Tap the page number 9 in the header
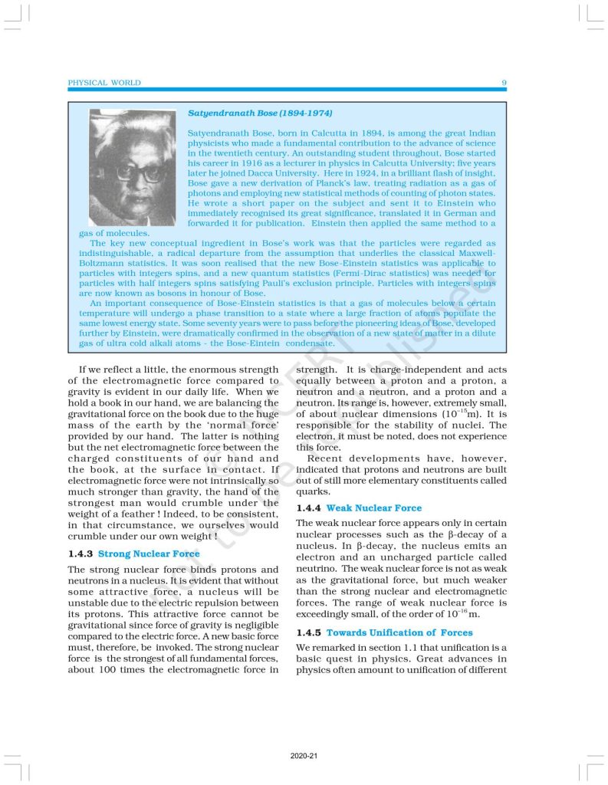(x=503, y=83)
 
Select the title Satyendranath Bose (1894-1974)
(x=260, y=113)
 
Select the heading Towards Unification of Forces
(x=399, y=632)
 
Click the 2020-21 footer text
(x=304, y=756)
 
